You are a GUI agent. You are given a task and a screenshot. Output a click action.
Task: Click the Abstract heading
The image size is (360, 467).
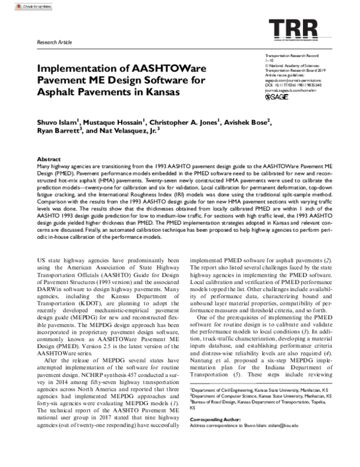(49, 158)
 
